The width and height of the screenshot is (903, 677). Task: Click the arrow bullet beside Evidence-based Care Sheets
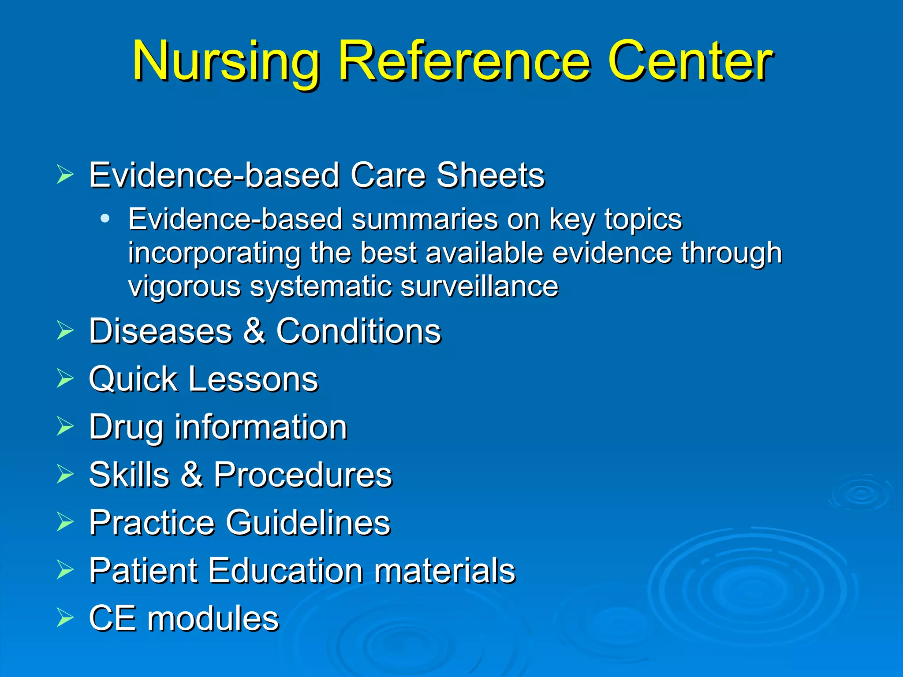[65, 175]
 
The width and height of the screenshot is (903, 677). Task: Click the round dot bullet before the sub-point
[104, 219]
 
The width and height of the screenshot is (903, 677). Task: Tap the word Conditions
[358, 331]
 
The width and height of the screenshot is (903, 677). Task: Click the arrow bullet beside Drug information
[65, 426]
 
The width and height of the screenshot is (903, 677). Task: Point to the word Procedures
[303, 475]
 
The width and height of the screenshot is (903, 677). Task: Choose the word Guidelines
[308, 522]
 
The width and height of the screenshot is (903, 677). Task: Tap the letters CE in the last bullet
[112, 618]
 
